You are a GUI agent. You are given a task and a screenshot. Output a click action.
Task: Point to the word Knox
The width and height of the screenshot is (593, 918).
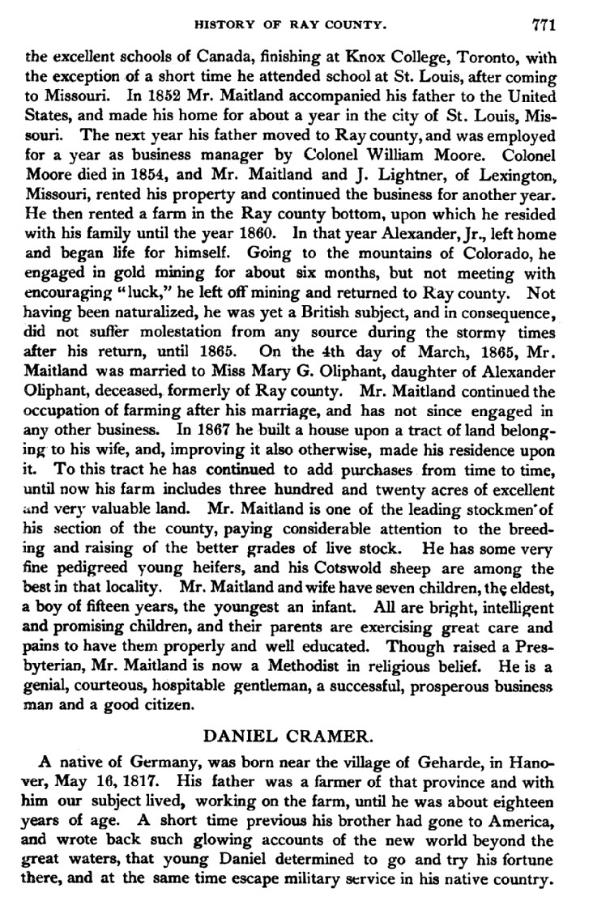pos(367,56)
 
